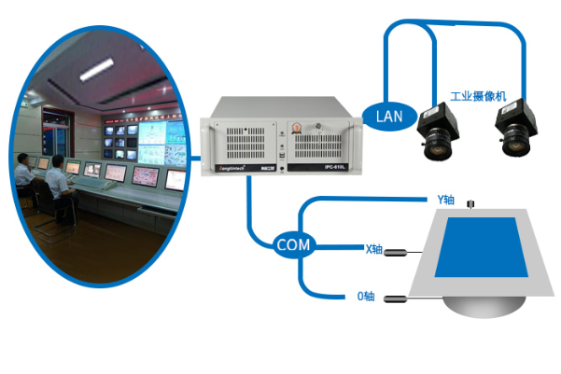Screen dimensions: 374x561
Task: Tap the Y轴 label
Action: (x=445, y=200)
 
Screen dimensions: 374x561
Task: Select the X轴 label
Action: (x=373, y=249)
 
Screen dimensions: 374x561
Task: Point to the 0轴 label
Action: (x=366, y=297)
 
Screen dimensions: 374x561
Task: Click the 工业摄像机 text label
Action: (x=477, y=96)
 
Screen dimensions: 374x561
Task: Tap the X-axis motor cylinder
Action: (x=400, y=252)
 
